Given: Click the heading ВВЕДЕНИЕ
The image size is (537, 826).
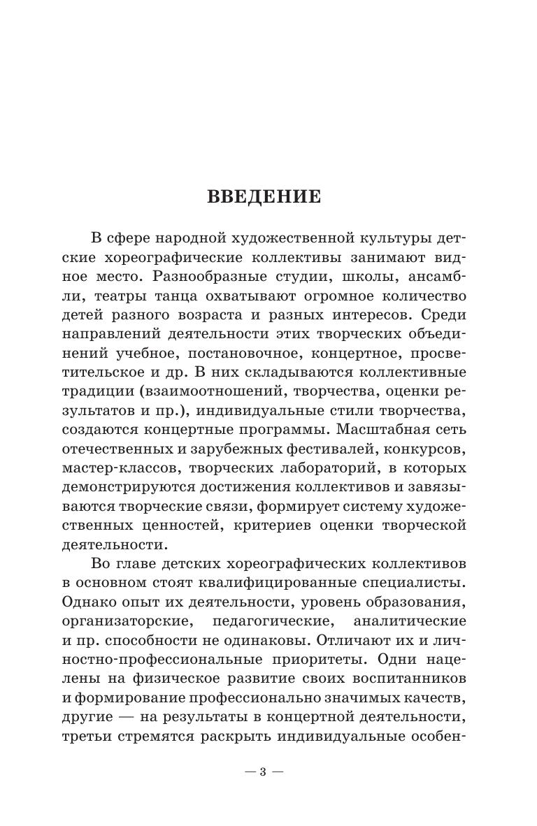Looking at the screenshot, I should [264, 197].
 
